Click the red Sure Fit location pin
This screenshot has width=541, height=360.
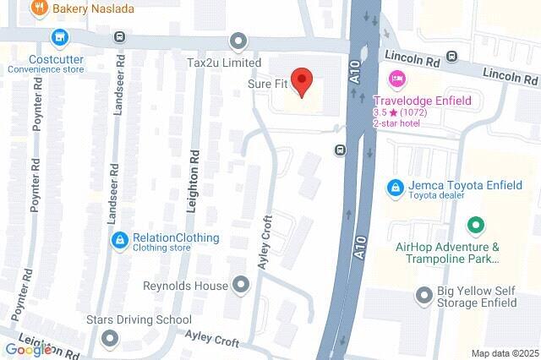(x=303, y=79)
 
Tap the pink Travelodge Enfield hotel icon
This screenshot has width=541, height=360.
(x=395, y=79)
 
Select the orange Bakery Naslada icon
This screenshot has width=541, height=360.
(x=37, y=8)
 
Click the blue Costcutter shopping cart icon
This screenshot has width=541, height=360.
(x=58, y=37)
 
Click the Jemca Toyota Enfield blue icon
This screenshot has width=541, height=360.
(x=395, y=186)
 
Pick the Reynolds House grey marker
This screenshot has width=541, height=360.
(x=241, y=285)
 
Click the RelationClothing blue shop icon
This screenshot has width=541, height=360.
(x=122, y=241)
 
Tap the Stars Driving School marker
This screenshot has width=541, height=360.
(x=109, y=339)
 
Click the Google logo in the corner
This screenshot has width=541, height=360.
(x=29, y=350)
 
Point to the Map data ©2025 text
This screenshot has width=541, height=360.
(x=505, y=353)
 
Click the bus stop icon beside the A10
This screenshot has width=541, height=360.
(x=340, y=150)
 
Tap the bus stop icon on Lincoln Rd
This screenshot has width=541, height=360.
(x=452, y=57)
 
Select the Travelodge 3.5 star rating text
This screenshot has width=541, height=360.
(x=401, y=112)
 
